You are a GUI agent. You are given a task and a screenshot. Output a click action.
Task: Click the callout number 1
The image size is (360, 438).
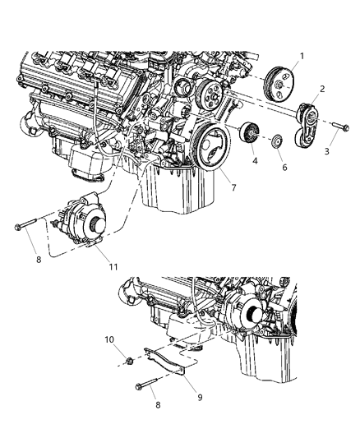(300, 57)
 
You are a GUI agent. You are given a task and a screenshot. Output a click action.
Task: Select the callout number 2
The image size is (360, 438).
(321, 88)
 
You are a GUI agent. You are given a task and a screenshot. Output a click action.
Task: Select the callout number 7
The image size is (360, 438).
(234, 187)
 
